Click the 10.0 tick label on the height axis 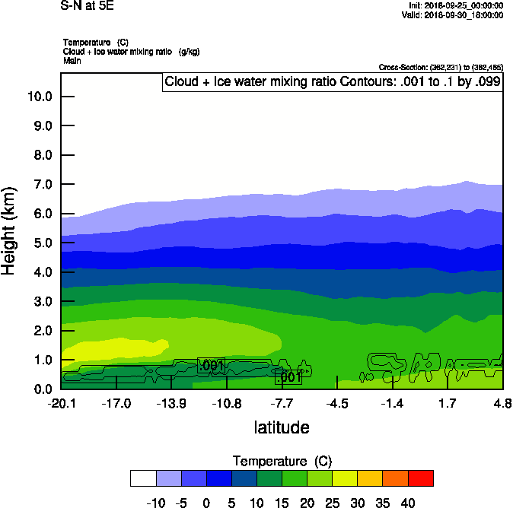(x=39, y=97)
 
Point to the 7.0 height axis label (x=42, y=185)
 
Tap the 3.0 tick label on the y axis (x=42, y=302)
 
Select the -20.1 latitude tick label (x=61, y=402)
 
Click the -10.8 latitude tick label (x=227, y=402)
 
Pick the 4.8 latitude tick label (x=502, y=402)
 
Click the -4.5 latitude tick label (x=337, y=402)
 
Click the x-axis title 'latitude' (x=282, y=427)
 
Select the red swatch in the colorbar (x=420, y=478)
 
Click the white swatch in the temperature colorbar (x=143, y=478)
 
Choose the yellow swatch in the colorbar (x=346, y=478)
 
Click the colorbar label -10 (x=156, y=502)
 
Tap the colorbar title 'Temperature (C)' (x=282, y=462)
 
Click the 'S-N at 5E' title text (x=87, y=5)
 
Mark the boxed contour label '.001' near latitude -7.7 (x=288, y=377)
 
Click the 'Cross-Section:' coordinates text (x=441, y=67)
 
